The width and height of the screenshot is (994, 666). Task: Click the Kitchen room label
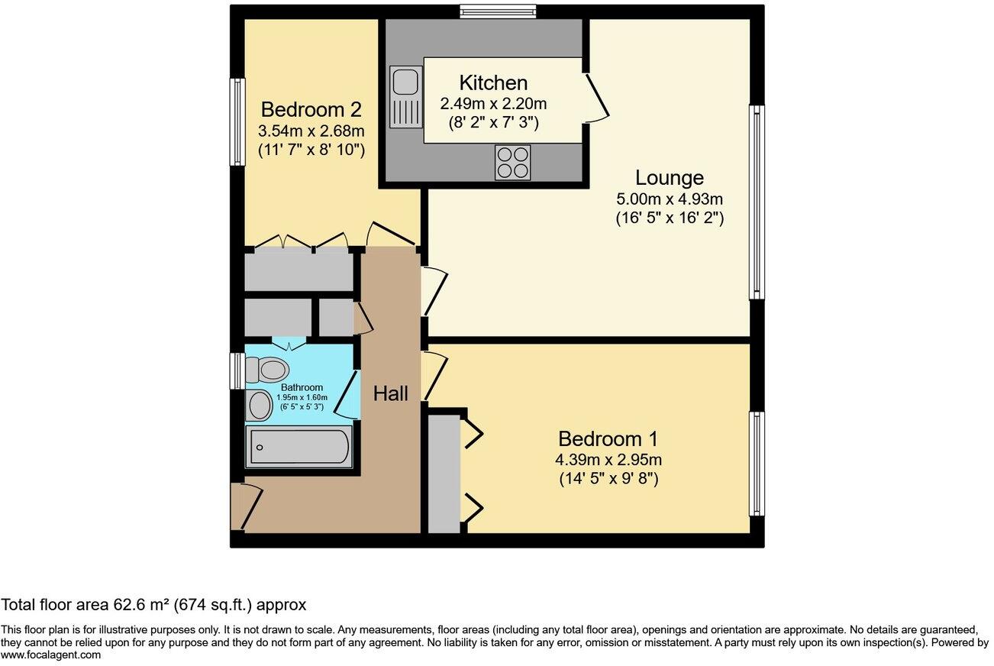click(493, 82)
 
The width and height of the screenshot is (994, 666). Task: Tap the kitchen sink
click(402, 97)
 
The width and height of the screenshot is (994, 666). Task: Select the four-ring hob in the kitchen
click(512, 162)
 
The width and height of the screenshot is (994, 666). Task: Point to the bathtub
click(299, 447)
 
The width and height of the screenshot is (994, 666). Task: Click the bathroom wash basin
click(260, 406)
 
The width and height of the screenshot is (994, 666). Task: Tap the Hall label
click(390, 394)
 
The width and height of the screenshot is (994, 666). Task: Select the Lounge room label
click(669, 178)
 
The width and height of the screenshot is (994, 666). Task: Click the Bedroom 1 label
click(608, 439)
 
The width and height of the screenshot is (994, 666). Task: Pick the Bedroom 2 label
click(311, 109)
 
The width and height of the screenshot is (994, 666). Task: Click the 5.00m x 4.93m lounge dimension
click(670, 199)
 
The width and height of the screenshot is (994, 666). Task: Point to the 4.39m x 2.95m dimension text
click(608, 461)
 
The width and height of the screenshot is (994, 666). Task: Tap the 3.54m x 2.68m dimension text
click(311, 130)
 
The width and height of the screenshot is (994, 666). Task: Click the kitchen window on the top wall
click(498, 11)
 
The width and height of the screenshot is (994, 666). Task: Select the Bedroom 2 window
click(237, 121)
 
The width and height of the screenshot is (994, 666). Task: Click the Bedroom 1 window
click(757, 464)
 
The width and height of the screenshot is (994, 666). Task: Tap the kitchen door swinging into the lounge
click(598, 97)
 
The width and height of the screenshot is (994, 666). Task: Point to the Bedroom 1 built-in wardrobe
click(444, 474)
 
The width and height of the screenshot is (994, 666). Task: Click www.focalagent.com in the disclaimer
click(50, 655)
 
